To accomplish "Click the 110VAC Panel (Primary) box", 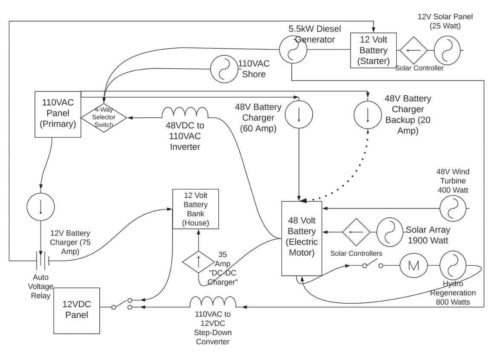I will (x=58, y=114).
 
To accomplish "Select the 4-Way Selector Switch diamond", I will (x=104, y=117).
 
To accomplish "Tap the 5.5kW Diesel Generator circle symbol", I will (x=293, y=49).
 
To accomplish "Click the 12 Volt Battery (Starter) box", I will (x=373, y=50).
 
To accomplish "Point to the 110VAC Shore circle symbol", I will (x=224, y=69).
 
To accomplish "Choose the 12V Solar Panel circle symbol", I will (x=447, y=50).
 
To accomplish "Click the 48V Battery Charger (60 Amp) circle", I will (x=299, y=114).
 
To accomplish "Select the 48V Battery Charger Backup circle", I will (x=368, y=114).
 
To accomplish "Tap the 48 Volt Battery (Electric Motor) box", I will (x=302, y=238).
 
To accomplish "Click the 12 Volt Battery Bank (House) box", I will (x=196, y=209).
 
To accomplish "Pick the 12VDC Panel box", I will (x=77, y=311).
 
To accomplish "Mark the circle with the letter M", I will (x=413, y=265).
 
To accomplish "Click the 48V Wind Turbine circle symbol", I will (x=453, y=208).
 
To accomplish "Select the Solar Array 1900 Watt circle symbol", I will (x=390, y=232).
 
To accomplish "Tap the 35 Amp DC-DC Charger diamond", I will (x=198, y=261).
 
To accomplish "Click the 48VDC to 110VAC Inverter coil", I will (x=185, y=113).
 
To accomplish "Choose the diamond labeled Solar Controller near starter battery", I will (x=413, y=50).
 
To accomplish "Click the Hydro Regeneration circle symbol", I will (x=453, y=265).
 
